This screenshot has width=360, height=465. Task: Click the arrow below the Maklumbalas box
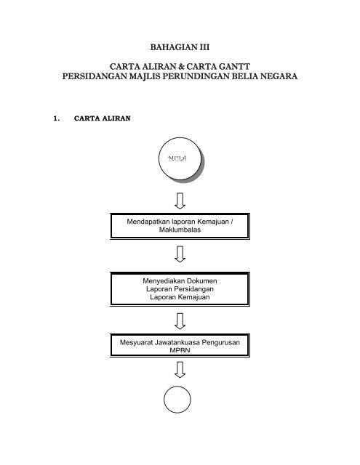(x=180, y=254)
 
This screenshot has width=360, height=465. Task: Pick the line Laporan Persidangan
(x=180, y=288)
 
